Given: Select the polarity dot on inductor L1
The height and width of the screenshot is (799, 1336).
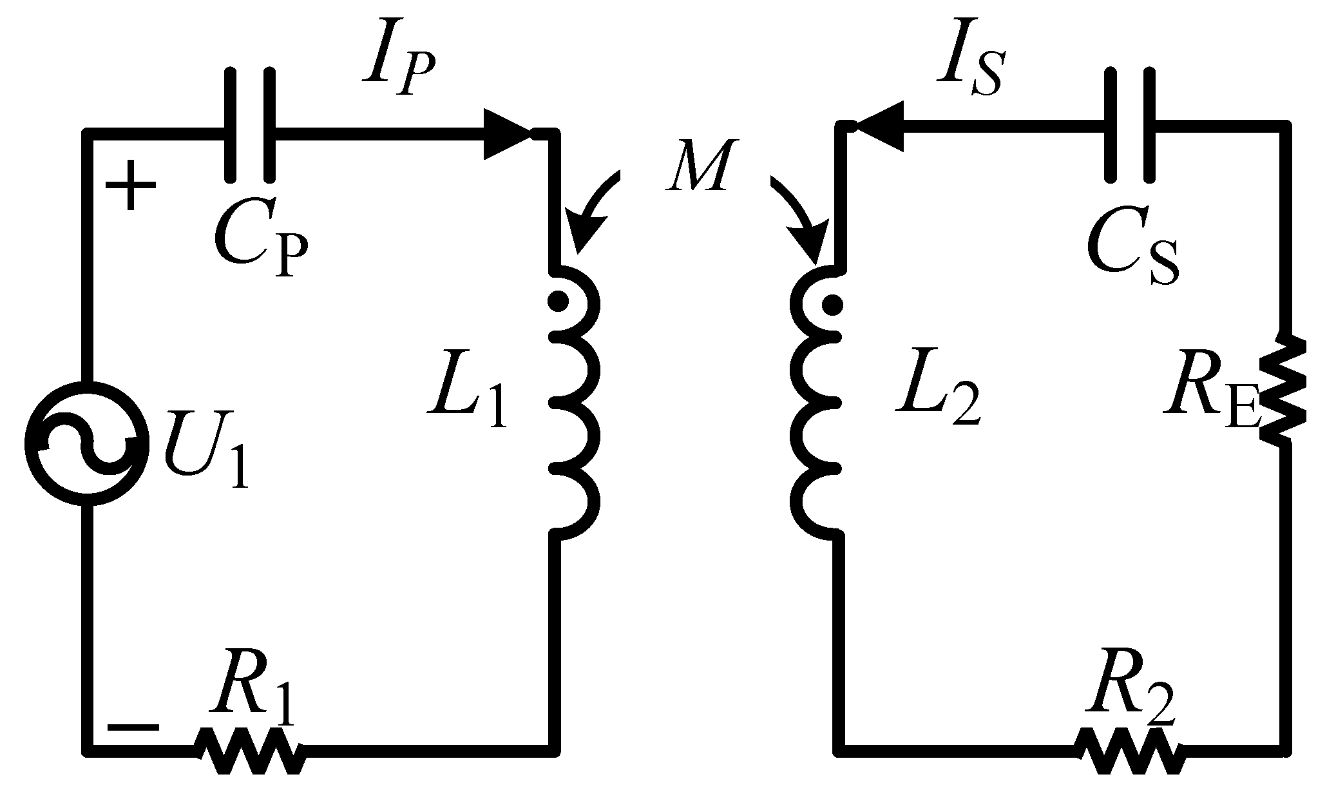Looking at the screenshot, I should click(x=558, y=301).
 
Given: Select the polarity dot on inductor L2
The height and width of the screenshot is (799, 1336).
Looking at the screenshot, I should click(x=833, y=304).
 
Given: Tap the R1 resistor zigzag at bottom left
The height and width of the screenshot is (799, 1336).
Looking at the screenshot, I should click(x=250, y=751).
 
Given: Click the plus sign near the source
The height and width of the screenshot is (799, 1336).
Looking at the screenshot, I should click(x=131, y=186).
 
